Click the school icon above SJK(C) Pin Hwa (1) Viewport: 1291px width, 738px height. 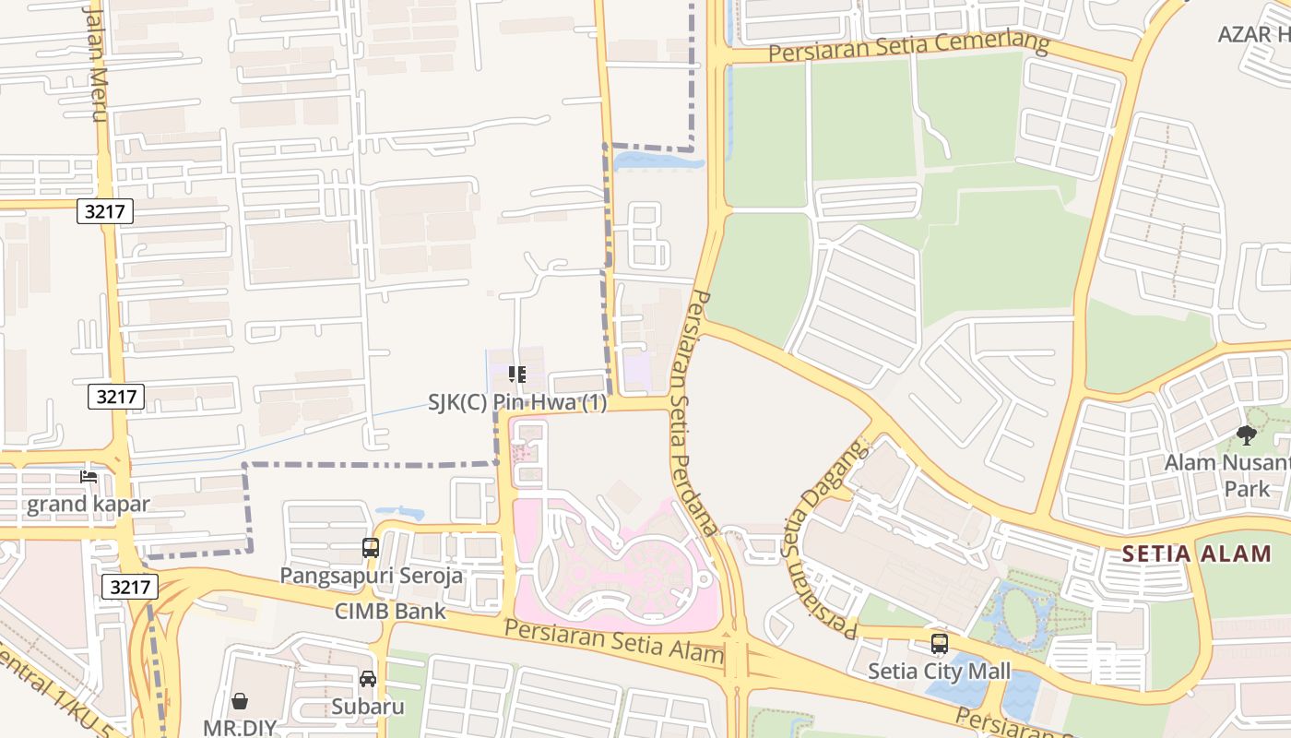tap(517, 375)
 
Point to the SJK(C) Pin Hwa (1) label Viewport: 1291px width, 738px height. tap(517, 402)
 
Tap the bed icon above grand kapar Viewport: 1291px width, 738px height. tap(89, 477)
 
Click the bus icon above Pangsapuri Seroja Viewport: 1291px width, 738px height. tap(370, 548)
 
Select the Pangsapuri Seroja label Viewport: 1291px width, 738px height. tap(372, 576)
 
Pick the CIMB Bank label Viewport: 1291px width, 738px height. tap(390, 611)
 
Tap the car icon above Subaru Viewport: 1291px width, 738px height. tap(368, 679)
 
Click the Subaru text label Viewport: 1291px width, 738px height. tap(368, 707)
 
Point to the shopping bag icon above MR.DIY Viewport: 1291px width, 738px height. tap(240, 701)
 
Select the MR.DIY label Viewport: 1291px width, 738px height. tap(240, 727)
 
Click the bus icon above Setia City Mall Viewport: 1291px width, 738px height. tap(939, 644)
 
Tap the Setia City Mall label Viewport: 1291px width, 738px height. tap(939, 671)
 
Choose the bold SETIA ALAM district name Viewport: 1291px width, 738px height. tap(1195, 554)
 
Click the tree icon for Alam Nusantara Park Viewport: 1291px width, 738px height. tap(1247, 435)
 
